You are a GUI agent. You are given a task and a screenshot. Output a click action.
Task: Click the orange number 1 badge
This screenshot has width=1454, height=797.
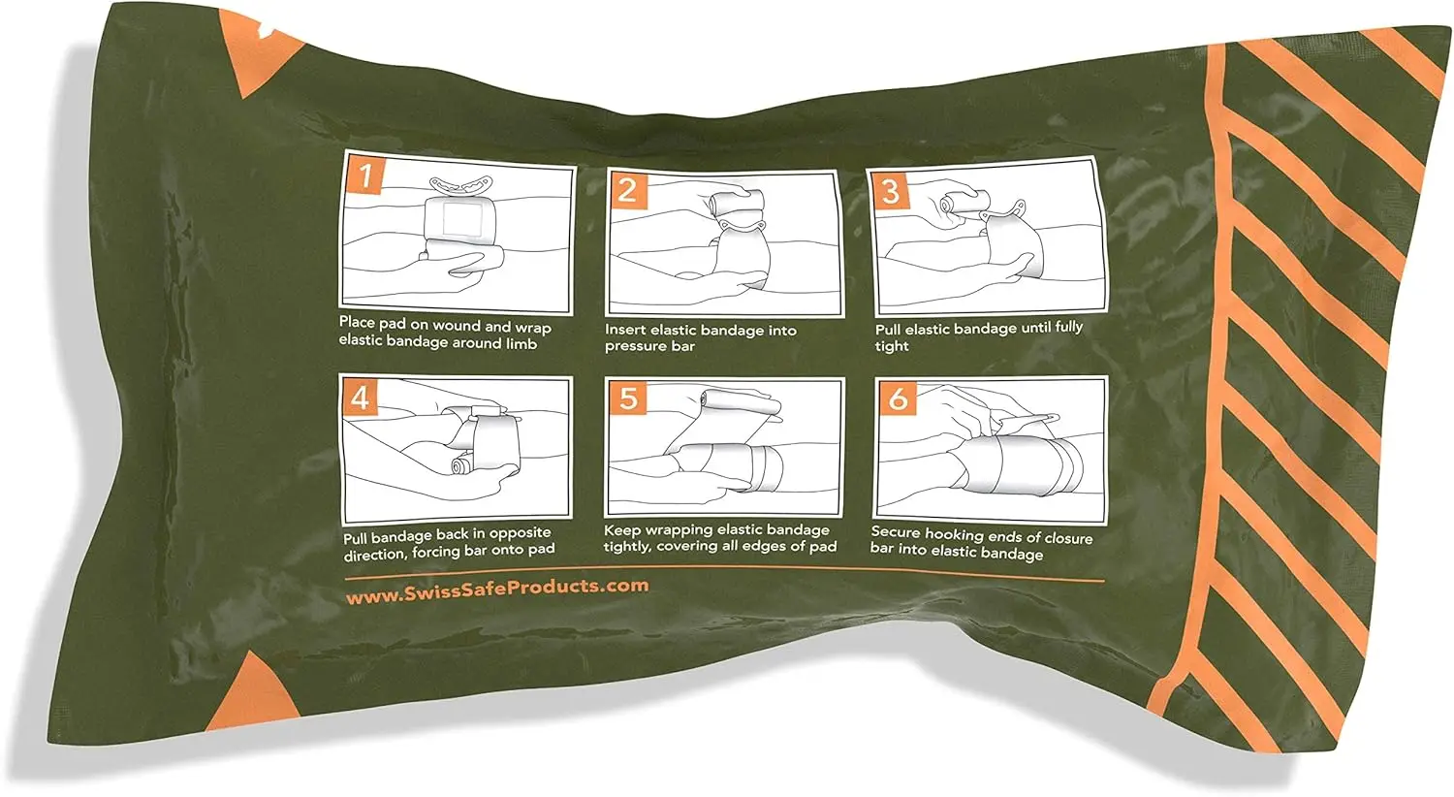(365, 175)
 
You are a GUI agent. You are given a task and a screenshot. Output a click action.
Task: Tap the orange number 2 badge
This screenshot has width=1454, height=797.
(627, 190)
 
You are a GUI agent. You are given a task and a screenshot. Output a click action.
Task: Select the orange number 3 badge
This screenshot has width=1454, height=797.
(890, 191)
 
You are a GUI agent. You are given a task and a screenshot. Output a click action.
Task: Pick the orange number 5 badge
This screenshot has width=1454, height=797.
(628, 398)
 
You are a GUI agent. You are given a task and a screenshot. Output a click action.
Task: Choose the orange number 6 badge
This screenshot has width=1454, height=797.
(898, 398)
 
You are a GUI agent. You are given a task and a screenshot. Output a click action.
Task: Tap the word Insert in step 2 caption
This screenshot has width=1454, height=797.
(624, 329)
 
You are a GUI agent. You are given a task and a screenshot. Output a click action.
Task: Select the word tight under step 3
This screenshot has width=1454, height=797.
(891, 346)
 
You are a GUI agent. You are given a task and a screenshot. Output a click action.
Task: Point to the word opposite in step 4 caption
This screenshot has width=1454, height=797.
(520, 533)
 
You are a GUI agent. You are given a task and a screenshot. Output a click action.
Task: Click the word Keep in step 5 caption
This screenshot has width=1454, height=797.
(621, 529)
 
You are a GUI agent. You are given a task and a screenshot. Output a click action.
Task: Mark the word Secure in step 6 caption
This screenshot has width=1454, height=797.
(896, 532)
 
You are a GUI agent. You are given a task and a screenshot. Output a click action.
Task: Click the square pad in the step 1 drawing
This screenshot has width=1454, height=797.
(461, 219)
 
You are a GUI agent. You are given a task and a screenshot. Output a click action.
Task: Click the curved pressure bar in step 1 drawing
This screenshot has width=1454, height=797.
(461, 184)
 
